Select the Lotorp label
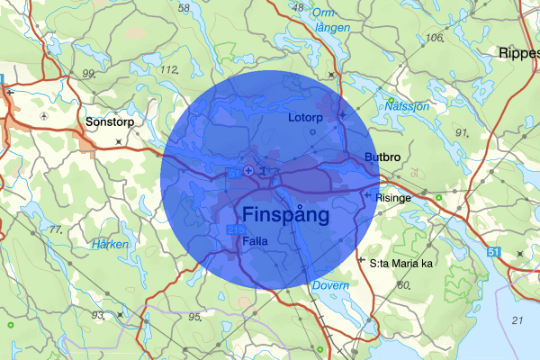pyautogui.click(x=304, y=118)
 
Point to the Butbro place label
pyautogui.click(x=382, y=157)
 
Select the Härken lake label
pyautogui.click(x=111, y=244)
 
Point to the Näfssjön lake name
pyautogui.click(x=407, y=105)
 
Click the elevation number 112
pyautogui.click(x=167, y=69)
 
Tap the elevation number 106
pyautogui.click(x=436, y=37)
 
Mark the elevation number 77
pyautogui.click(x=56, y=230)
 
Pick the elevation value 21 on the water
pyautogui.click(x=517, y=320)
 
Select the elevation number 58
pyautogui.click(x=184, y=8)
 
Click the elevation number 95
pyautogui.click(x=193, y=317)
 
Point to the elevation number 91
pyautogui.click(x=463, y=132)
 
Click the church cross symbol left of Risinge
pyautogui.click(x=367, y=194)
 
